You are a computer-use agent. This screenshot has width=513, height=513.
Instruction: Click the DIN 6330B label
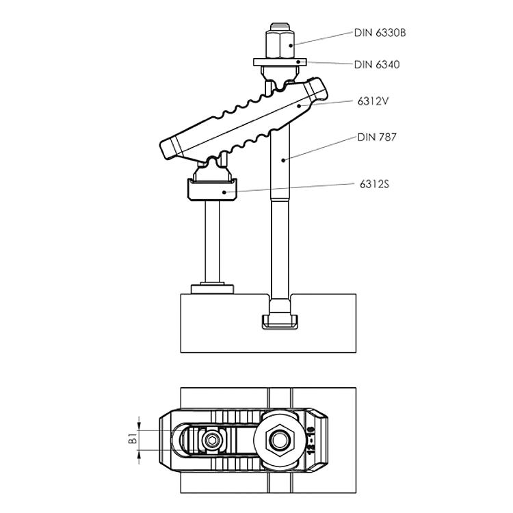point(380,33)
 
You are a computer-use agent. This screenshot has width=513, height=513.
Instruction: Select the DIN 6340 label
point(377,64)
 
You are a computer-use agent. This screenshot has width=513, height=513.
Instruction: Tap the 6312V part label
point(373,101)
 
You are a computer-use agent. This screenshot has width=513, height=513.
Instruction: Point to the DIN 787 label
point(377,137)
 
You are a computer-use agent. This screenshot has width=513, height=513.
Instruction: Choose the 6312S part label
point(374,185)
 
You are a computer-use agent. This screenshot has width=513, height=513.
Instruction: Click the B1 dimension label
point(133,439)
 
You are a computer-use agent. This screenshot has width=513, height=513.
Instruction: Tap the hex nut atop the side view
point(280,44)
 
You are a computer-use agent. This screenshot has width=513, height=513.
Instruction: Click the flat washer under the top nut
point(280,62)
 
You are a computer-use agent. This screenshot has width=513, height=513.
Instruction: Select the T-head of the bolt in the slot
point(280,321)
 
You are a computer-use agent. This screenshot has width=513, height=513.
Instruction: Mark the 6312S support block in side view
point(212,189)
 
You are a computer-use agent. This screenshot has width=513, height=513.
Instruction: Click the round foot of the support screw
point(212,289)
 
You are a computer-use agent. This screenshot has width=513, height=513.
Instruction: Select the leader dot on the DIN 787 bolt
point(283,160)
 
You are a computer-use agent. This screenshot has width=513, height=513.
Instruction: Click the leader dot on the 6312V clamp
point(299,105)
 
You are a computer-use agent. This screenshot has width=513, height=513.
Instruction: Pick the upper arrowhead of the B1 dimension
point(140,427)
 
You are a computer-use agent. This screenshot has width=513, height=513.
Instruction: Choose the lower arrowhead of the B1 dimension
point(140,453)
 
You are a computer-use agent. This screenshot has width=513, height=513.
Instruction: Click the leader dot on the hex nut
point(291,45)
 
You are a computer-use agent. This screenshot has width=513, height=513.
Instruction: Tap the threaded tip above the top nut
point(280,27)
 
